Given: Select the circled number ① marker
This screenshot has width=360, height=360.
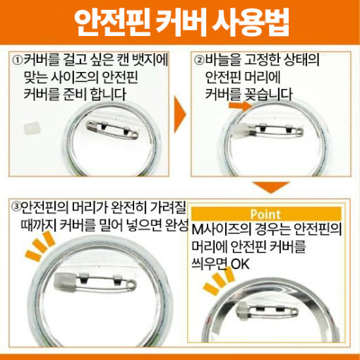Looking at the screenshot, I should [x=18, y=61].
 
